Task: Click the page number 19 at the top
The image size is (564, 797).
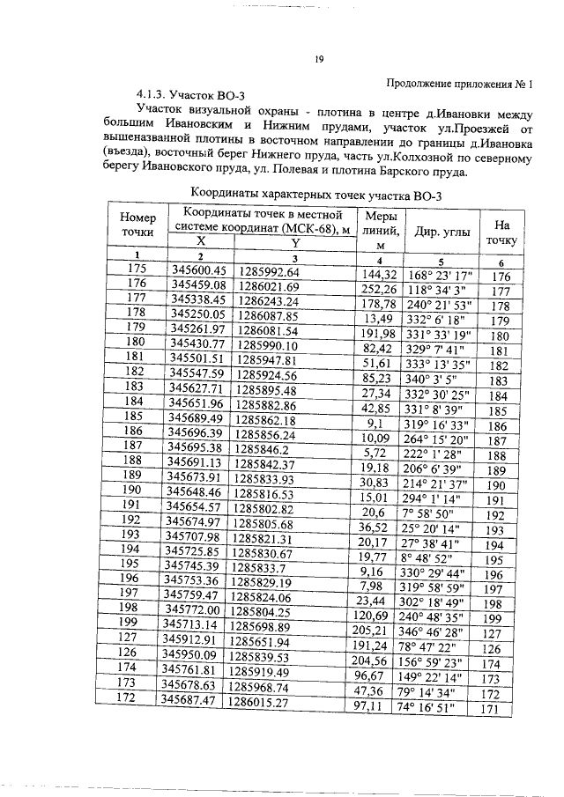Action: click(x=319, y=60)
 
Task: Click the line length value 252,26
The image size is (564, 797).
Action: click(x=381, y=287)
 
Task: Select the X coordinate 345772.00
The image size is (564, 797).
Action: click(x=202, y=609)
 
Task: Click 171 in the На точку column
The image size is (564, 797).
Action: click(x=501, y=707)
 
